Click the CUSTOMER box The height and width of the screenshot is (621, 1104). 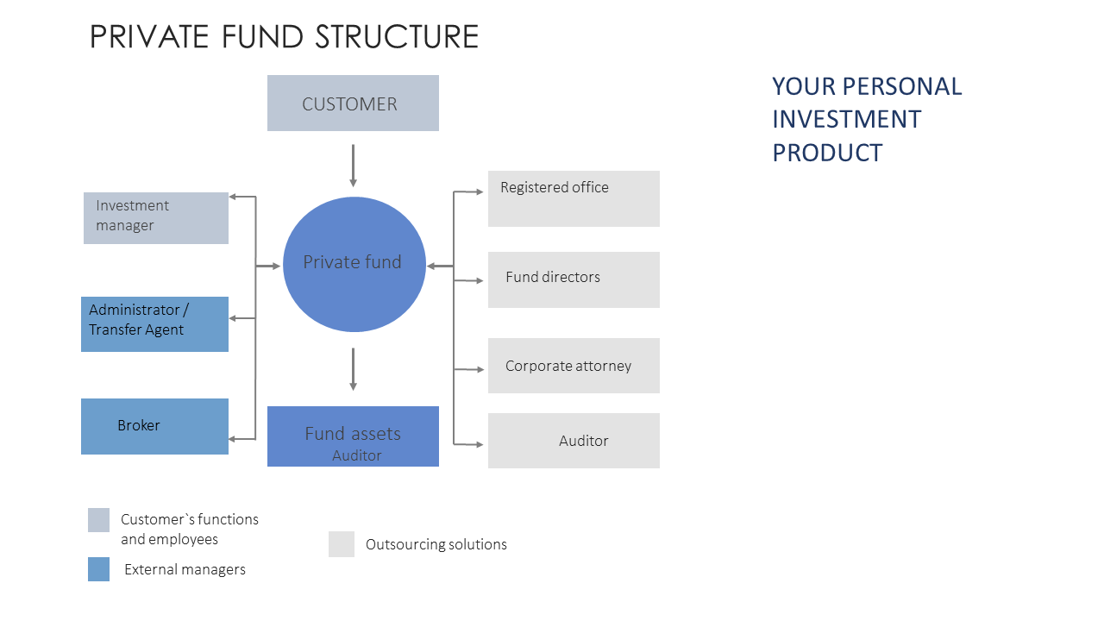click(353, 103)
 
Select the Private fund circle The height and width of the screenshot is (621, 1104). click(354, 264)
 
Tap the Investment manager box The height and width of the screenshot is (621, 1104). click(156, 218)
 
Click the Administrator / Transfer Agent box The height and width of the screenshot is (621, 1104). click(154, 323)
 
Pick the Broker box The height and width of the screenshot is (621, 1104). click(154, 426)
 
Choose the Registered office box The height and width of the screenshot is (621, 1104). click(574, 198)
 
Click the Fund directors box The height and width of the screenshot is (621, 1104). click(574, 280)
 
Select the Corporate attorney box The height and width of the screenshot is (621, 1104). click(574, 366)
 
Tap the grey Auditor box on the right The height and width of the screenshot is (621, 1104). click(574, 441)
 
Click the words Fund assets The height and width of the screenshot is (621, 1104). click(353, 433)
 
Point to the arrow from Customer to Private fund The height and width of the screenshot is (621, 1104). click(353, 166)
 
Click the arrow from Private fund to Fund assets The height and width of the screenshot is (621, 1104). click(353, 369)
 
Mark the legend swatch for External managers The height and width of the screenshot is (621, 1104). click(98, 569)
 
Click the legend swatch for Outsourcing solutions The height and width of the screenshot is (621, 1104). click(342, 544)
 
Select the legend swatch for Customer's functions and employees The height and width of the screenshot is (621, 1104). click(98, 520)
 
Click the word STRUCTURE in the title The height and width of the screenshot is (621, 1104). click(397, 36)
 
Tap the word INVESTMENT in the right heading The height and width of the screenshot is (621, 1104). click(846, 119)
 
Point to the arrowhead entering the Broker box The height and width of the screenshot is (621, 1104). click(233, 439)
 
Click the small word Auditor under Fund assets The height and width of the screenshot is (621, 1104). click(357, 455)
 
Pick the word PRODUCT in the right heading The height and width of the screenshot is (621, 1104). click(827, 153)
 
